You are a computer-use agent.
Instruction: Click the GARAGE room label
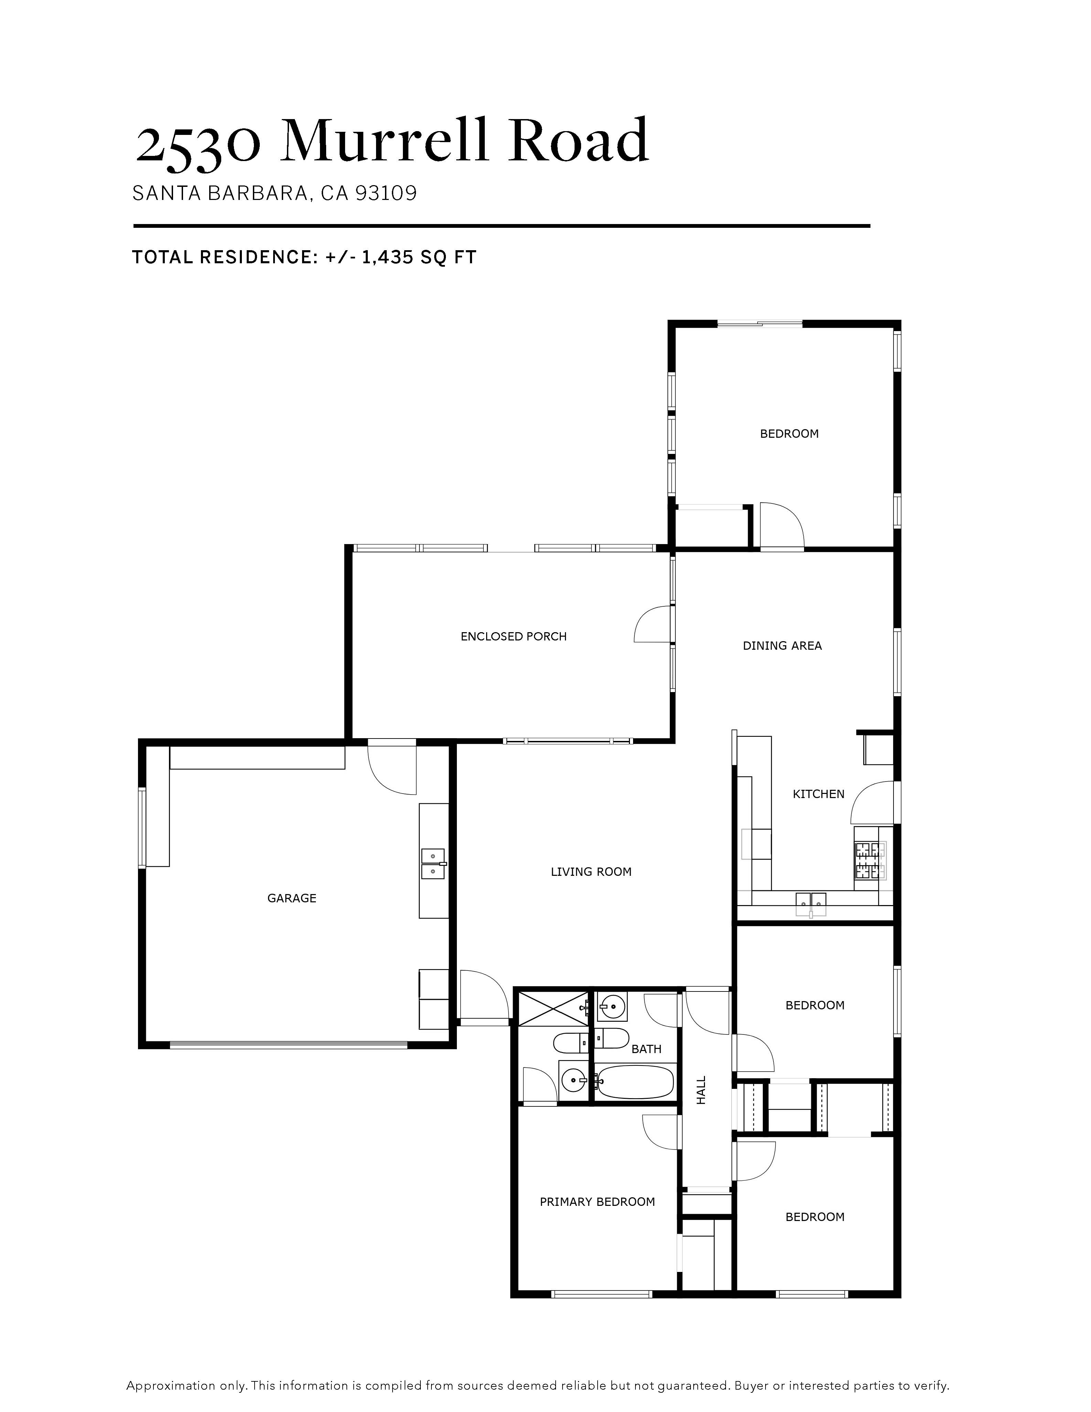click(x=291, y=898)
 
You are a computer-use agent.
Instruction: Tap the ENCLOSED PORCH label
click(x=513, y=637)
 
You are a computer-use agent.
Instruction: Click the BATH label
click(x=646, y=1049)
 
